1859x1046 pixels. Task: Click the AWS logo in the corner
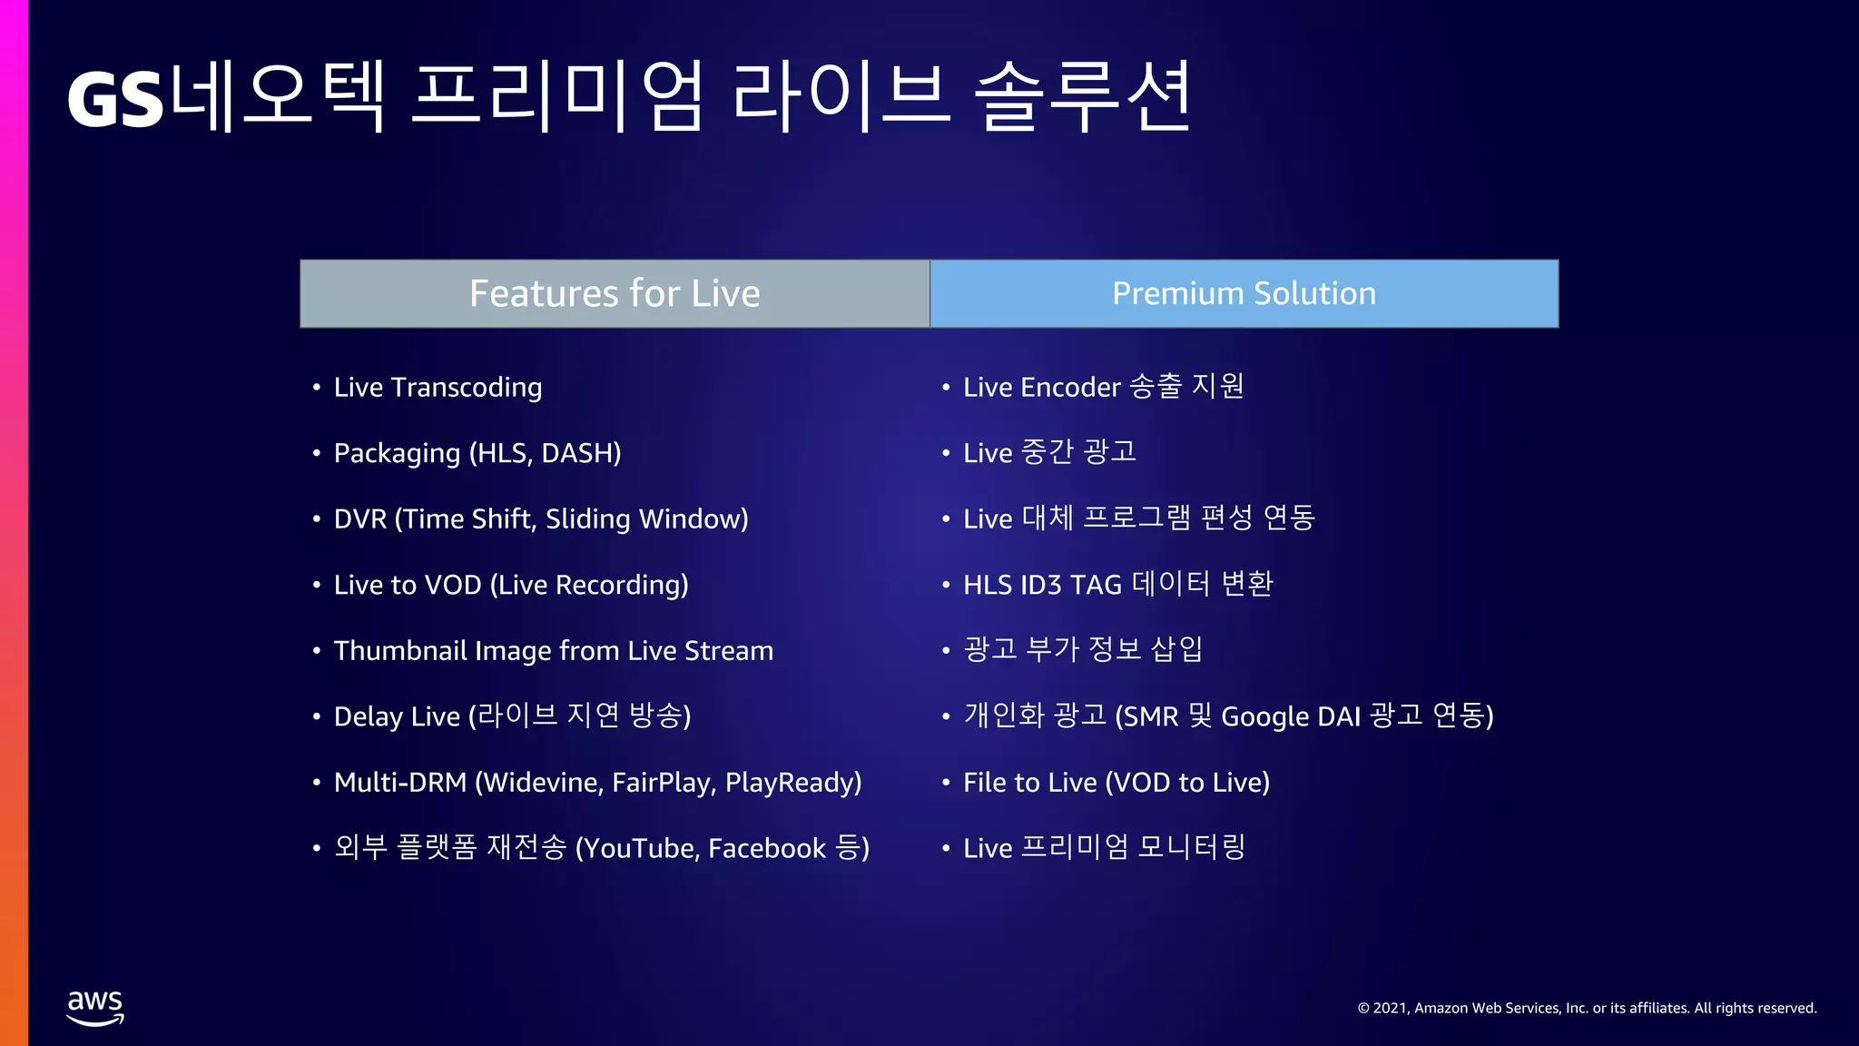pyautogui.click(x=95, y=1007)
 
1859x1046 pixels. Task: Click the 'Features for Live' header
pyautogui.click(x=615, y=293)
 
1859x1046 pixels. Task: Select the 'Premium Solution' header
pyautogui.click(x=1244, y=293)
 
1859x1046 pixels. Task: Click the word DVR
pyautogui.click(x=360, y=519)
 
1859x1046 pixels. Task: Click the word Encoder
pyautogui.click(x=1070, y=388)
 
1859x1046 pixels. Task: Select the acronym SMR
pyautogui.click(x=1151, y=717)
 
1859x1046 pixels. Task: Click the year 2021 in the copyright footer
pyautogui.click(x=1391, y=1008)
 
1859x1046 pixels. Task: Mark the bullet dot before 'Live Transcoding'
pyautogui.click(x=317, y=388)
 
